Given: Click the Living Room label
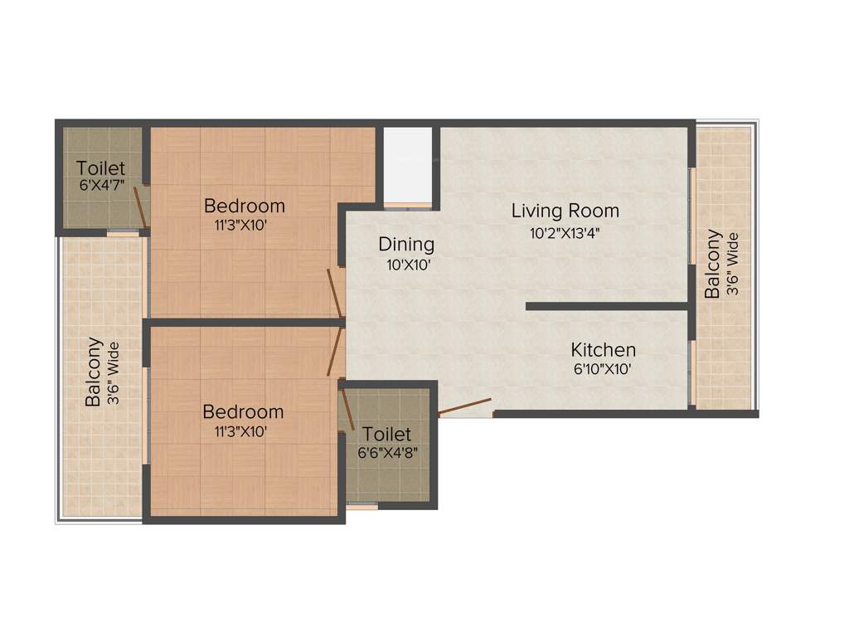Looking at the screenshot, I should [x=565, y=211].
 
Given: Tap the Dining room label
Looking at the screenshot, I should [x=406, y=245].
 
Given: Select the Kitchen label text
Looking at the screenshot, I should [x=603, y=350].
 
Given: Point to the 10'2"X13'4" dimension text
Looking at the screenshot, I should [x=565, y=233].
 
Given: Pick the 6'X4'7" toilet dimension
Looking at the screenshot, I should [x=102, y=187].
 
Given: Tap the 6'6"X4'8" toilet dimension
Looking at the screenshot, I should [x=386, y=453].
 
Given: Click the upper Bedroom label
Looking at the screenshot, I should [x=245, y=206].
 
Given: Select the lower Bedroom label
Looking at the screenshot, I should [x=243, y=412].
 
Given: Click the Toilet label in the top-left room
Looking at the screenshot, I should [x=101, y=168].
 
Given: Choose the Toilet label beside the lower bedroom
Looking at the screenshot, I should [x=386, y=435].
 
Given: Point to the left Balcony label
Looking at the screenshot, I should [x=95, y=371].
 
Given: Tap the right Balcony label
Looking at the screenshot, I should [x=712, y=264].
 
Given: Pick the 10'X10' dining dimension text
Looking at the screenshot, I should [x=406, y=266].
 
